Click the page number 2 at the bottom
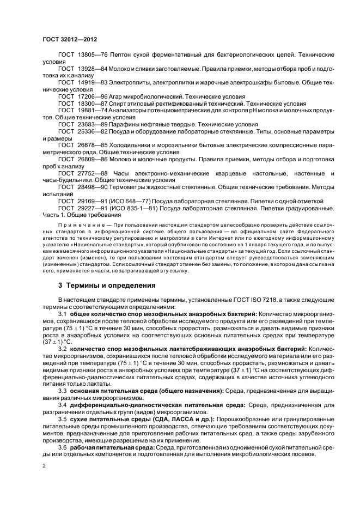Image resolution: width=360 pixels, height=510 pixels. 45,466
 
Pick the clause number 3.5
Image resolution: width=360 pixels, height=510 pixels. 62,420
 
